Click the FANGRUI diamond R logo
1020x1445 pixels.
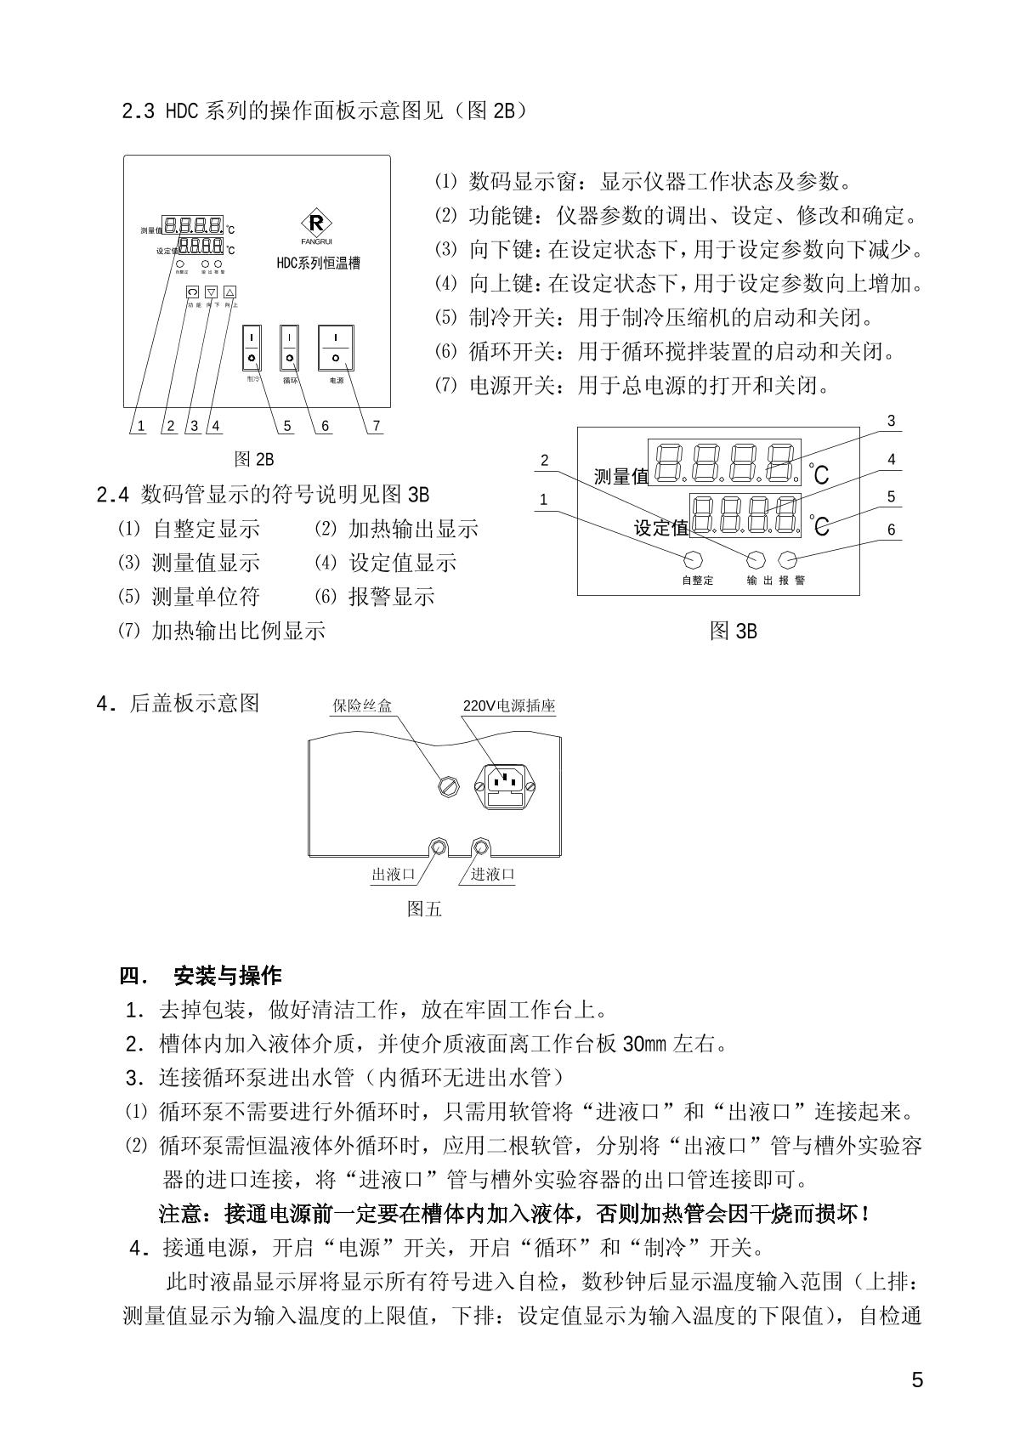click(317, 225)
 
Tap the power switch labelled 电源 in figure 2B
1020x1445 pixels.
click(337, 348)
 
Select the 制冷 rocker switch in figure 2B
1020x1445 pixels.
click(252, 348)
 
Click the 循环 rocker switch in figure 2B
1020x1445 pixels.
click(290, 348)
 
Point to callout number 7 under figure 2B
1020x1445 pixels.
click(377, 426)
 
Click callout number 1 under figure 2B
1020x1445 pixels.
click(141, 426)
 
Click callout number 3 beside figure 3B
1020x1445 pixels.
click(891, 422)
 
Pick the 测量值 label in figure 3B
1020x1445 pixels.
click(620, 476)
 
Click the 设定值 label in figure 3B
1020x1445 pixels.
click(661, 528)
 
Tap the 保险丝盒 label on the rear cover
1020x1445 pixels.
click(362, 705)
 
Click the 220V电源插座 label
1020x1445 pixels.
click(508, 705)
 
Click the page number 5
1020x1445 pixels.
click(916, 1380)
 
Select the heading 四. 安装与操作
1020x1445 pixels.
click(201, 975)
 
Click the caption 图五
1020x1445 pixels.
click(424, 909)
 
